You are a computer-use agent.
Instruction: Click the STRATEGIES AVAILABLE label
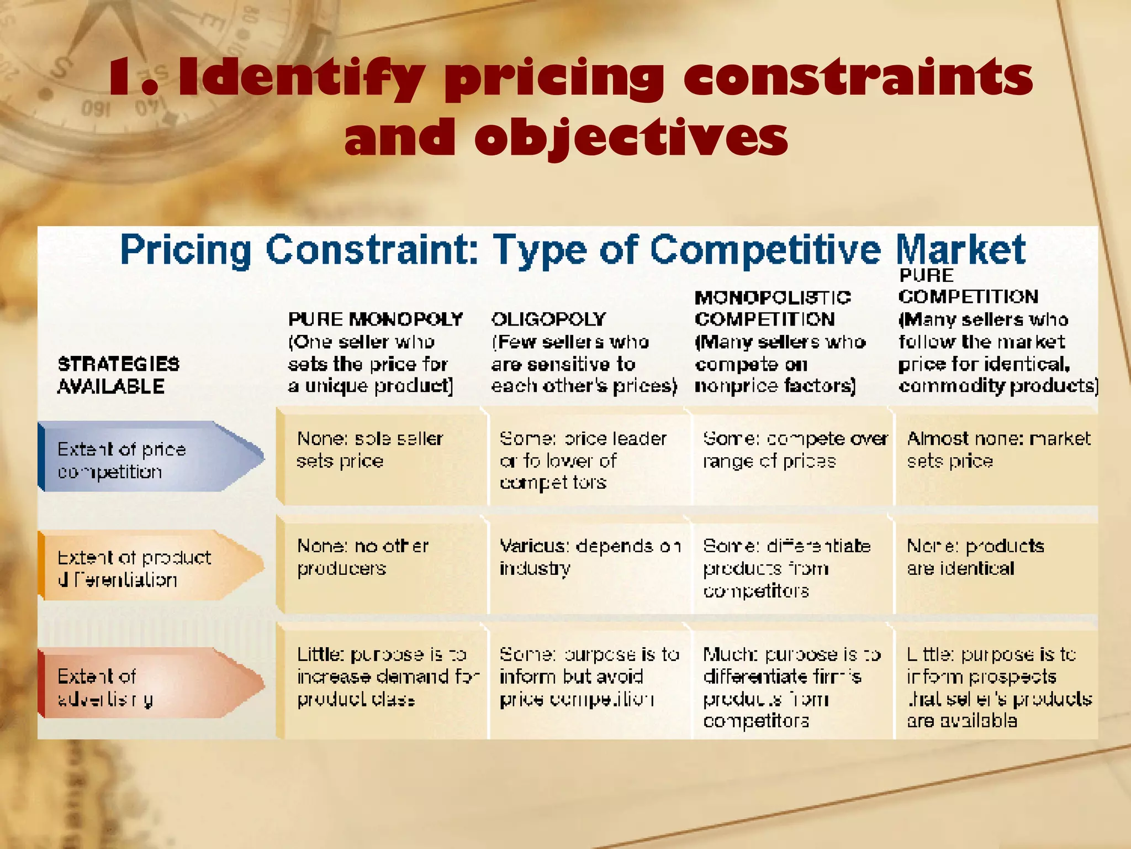(x=119, y=375)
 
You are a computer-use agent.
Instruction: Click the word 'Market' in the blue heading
(x=960, y=250)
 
